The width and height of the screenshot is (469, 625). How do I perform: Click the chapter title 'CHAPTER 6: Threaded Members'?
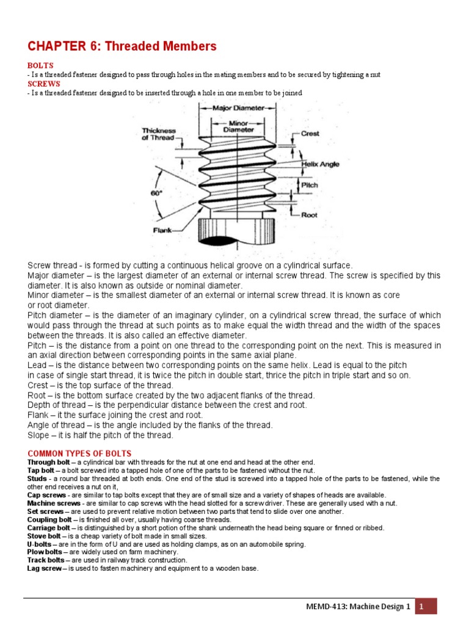(x=122, y=46)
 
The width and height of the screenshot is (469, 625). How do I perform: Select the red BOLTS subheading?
(x=40, y=65)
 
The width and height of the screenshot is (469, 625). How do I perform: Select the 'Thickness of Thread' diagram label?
(x=159, y=134)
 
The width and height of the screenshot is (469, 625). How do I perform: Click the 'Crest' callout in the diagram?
(x=310, y=134)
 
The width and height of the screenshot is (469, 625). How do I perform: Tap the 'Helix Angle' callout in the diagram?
(x=320, y=164)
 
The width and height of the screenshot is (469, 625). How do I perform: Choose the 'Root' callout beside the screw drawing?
(x=309, y=214)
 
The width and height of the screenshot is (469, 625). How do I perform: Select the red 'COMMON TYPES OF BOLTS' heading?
(x=79, y=453)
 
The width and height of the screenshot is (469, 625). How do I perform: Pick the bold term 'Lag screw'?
(x=44, y=568)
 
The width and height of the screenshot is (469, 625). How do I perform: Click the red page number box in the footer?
(x=426, y=606)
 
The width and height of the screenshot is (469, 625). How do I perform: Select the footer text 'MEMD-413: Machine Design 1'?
(x=358, y=607)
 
